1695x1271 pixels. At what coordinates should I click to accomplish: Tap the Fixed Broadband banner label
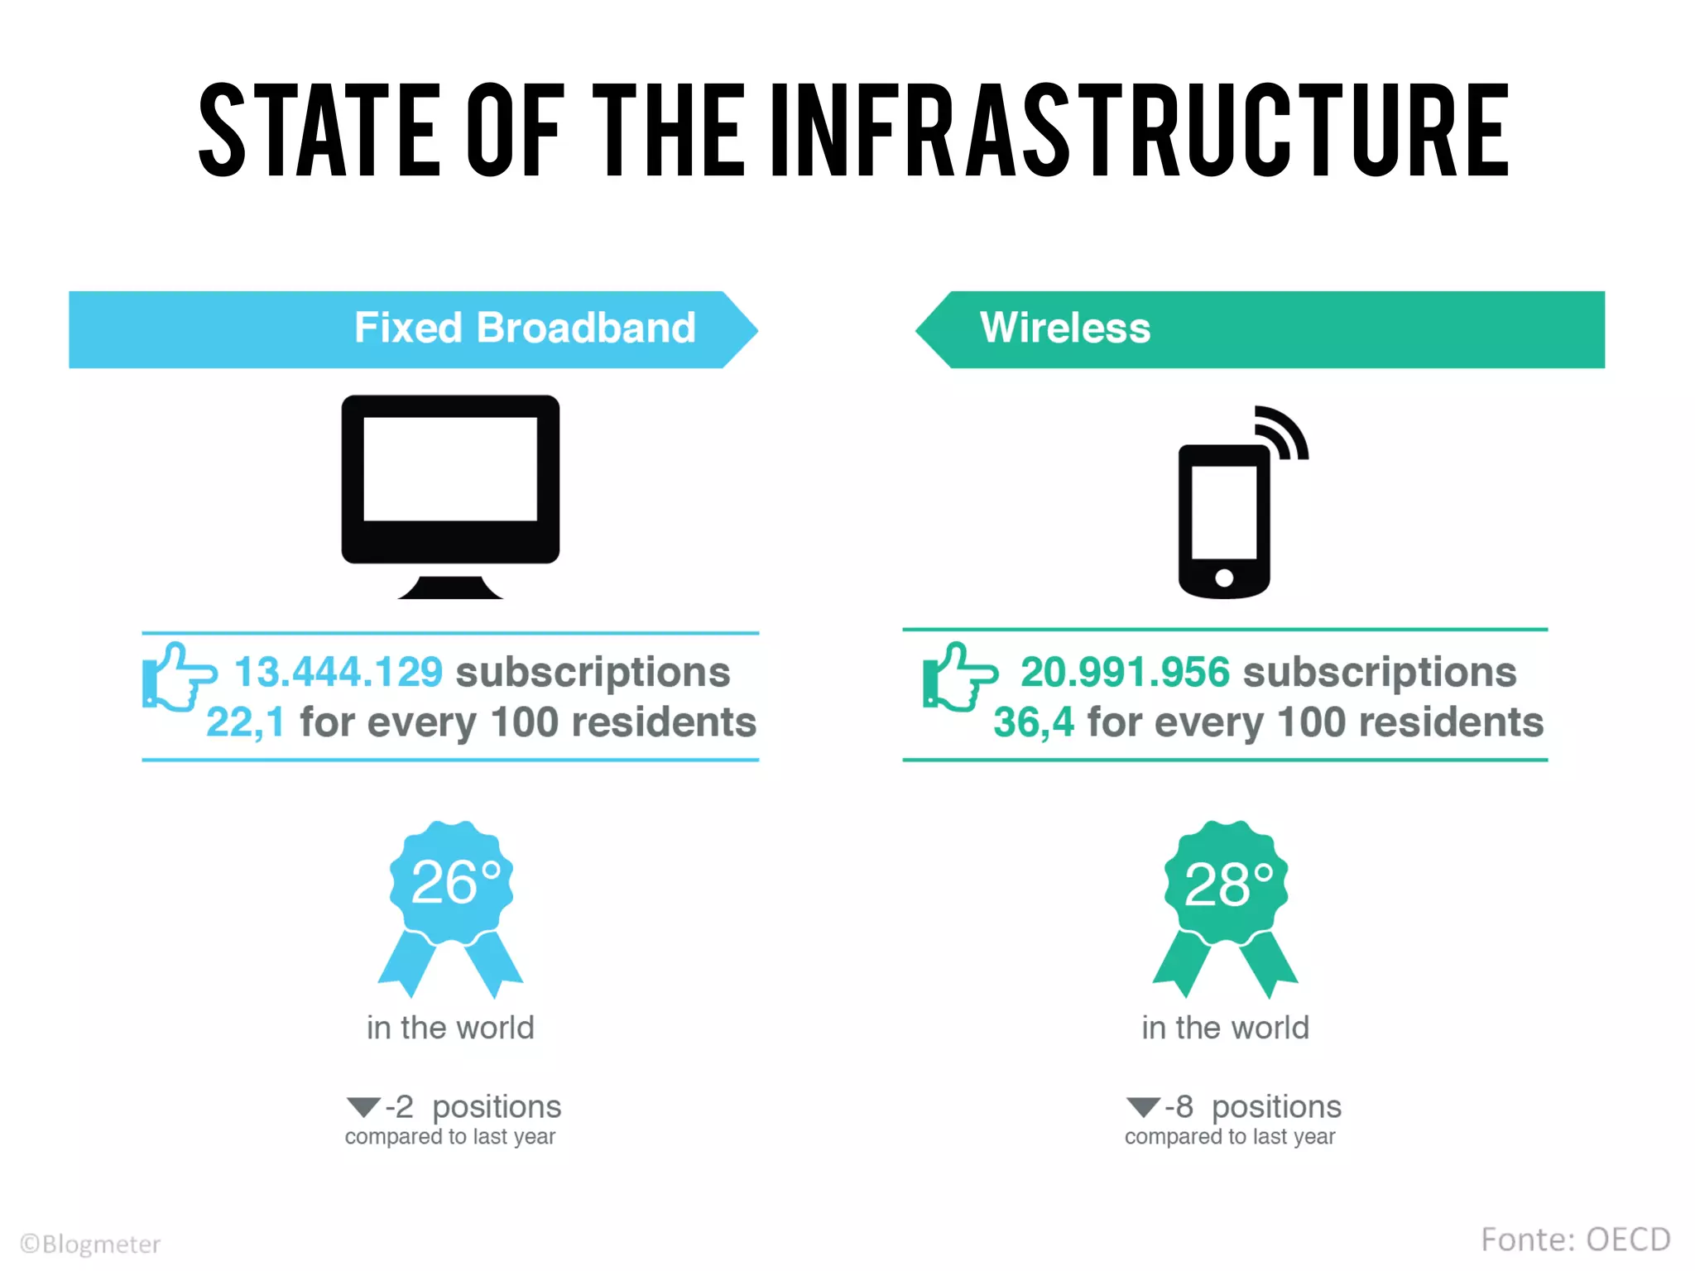coord(525,328)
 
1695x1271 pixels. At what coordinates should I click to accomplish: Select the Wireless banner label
coord(1065,328)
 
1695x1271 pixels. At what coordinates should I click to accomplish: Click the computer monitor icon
coord(450,480)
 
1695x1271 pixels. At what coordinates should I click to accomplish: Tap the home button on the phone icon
coord(1224,578)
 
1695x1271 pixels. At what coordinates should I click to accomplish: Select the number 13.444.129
coord(339,671)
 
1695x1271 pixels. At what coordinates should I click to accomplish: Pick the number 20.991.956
coord(1125,671)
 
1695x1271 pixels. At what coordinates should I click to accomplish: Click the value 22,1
coord(245,722)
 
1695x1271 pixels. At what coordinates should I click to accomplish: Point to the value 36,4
coord(1034,722)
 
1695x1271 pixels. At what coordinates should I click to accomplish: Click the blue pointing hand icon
coord(178,677)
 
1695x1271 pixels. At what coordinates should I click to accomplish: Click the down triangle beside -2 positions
coord(363,1106)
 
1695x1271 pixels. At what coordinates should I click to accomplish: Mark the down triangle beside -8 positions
coord(1143,1106)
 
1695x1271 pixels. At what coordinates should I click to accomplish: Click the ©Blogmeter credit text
coord(90,1244)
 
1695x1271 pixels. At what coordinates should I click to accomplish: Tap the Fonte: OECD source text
coord(1575,1240)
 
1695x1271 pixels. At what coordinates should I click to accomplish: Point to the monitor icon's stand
coord(450,588)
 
